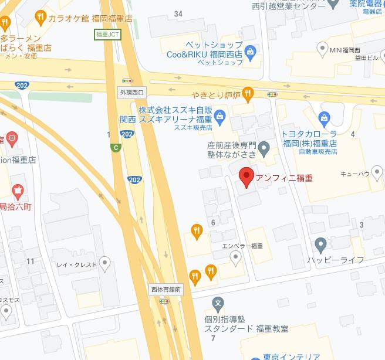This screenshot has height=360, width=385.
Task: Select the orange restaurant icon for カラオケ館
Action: pyautogui.click(x=40, y=16)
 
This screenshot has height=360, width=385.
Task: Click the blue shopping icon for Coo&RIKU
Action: pyautogui.click(x=251, y=52)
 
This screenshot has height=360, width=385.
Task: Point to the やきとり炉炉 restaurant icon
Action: pyautogui.click(x=249, y=93)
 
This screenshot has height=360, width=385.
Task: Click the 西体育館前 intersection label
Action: pyautogui.click(x=166, y=289)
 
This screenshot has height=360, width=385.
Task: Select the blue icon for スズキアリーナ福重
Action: pyautogui.click(x=220, y=115)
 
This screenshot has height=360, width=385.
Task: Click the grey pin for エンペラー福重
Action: pyautogui.click(x=235, y=257)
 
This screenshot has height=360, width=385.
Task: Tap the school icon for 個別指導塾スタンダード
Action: pyautogui.click(x=218, y=304)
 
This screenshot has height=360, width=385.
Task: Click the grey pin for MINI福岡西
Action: pyautogui.click(x=322, y=47)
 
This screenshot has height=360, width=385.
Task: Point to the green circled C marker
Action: pyautogui.click(x=116, y=148)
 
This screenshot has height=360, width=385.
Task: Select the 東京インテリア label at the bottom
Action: pyautogui.click(x=284, y=356)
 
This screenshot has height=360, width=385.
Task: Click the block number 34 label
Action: pyautogui.click(x=178, y=13)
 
